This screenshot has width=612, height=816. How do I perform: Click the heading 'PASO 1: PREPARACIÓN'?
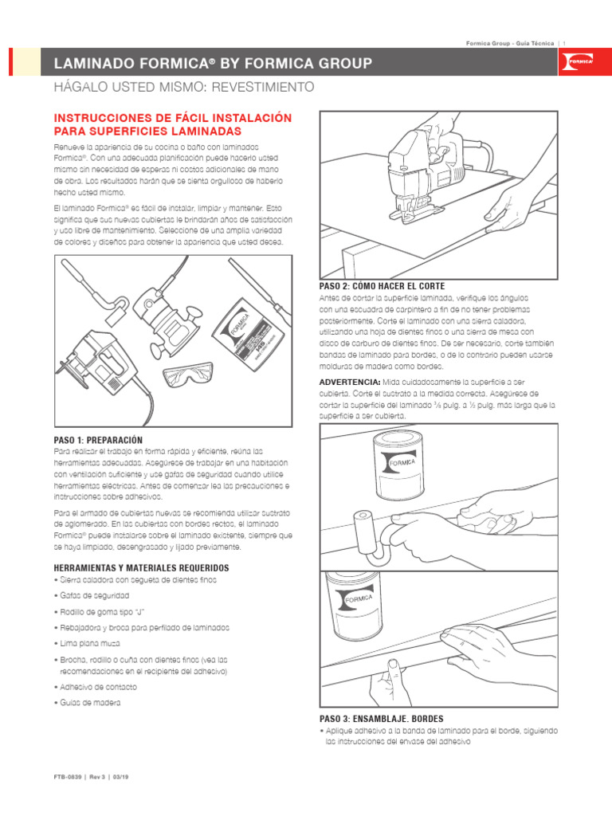point(98,440)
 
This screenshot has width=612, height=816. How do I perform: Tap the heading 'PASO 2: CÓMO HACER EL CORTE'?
point(382,285)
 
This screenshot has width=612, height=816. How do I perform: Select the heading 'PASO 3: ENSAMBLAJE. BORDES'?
point(380,719)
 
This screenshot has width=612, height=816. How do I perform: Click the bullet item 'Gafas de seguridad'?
point(94,595)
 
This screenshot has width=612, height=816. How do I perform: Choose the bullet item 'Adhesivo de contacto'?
point(98,686)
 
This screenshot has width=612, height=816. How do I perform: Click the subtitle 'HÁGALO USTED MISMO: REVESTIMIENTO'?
point(183,87)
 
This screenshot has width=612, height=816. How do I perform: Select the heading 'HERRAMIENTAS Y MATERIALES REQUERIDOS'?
point(141,567)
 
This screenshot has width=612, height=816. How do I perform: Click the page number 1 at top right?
point(564,42)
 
